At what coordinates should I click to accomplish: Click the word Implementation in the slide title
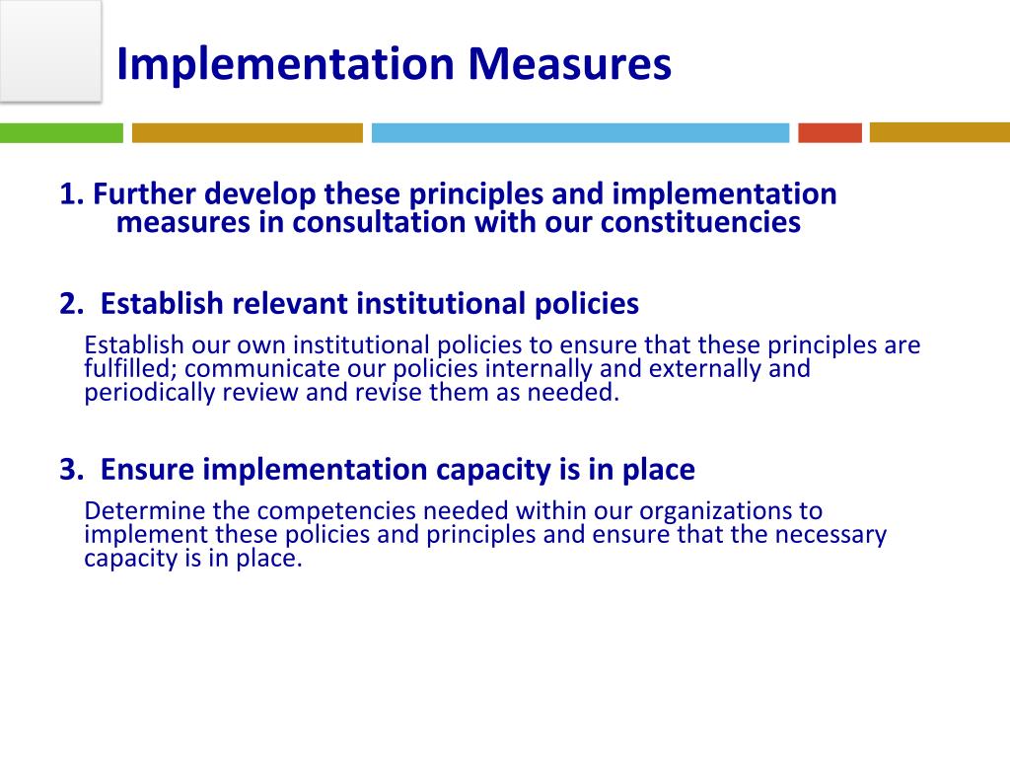pos(285,64)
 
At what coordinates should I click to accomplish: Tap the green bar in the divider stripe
pos(61,132)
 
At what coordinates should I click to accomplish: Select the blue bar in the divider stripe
pos(580,132)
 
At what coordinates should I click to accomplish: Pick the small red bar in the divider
pos(830,132)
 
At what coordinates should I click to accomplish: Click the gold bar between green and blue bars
pos(247,132)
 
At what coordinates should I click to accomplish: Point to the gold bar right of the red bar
pos(939,132)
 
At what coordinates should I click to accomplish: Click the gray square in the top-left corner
pos(49,49)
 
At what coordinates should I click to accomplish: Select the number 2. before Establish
pos(71,304)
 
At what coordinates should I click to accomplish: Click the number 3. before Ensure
pos(71,471)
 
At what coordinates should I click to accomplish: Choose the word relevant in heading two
pos(290,304)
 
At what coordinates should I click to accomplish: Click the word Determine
pos(134,511)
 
